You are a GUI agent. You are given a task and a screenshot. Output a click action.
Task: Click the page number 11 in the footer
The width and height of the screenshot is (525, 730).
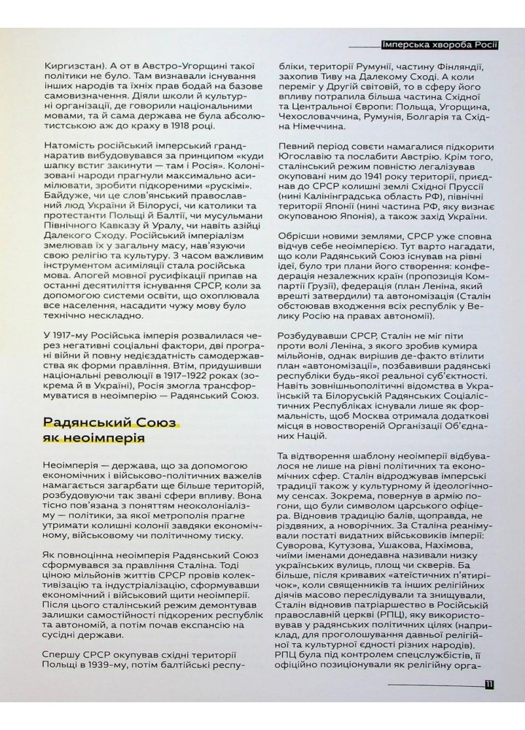[x=489, y=684]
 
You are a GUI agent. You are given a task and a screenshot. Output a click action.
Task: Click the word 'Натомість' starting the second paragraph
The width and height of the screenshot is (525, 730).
[x=71, y=155]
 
